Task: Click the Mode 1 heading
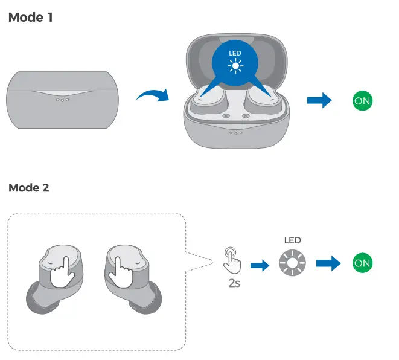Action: click(x=31, y=18)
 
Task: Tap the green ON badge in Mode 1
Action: click(x=362, y=101)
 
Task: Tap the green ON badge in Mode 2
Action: click(x=362, y=263)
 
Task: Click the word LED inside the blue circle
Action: click(x=235, y=54)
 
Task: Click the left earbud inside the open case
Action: click(x=211, y=98)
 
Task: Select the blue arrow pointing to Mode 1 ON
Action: click(x=319, y=100)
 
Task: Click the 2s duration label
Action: click(x=234, y=282)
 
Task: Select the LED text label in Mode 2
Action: click(x=292, y=240)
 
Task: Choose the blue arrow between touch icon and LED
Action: click(x=260, y=263)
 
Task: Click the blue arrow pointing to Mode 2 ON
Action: click(x=328, y=263)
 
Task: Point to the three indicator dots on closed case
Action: click(x=62, y=100)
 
